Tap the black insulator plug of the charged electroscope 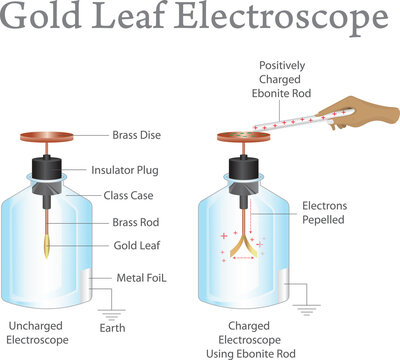tap(243, 169)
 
